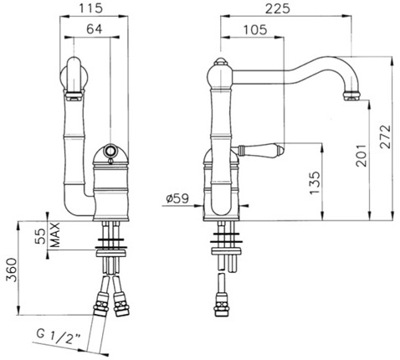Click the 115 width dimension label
pos(91,8)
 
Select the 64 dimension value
pos(94,28)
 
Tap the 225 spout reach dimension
pos(277,8)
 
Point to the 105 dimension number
pos(255,29)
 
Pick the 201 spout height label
pos(361,156)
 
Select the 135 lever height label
pos(315,183)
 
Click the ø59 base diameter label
pos(177,198)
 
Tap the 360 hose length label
pos(12,270)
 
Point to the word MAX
pos(55,235)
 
